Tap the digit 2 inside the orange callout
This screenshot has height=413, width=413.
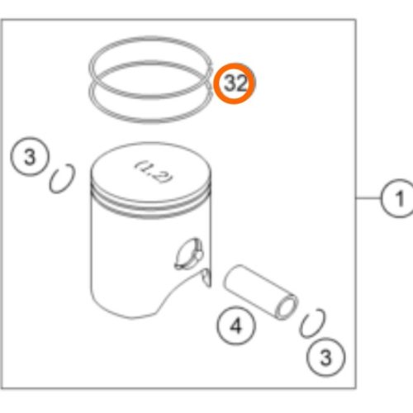pyautogui.click(x=241, y=83)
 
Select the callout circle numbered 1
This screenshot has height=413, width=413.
pyautogui.click(x=397, y=198)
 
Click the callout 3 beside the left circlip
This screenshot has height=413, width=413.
pyautogui.click(x=30, y=157)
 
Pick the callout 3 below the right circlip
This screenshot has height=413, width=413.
pyautogui.click(x=325, y=357)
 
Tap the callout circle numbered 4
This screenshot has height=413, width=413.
pyautogui.click(x=236, y=325)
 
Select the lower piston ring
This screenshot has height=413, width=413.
pyautogui.click(x=150, y=121)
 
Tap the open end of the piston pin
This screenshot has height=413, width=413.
pyautogui.click(x=287, y=307)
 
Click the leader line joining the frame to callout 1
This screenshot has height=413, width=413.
pyautogui.click(x=368, y=197)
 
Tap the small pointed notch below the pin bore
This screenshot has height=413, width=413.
pyautogui.click(x=206, y=278)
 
